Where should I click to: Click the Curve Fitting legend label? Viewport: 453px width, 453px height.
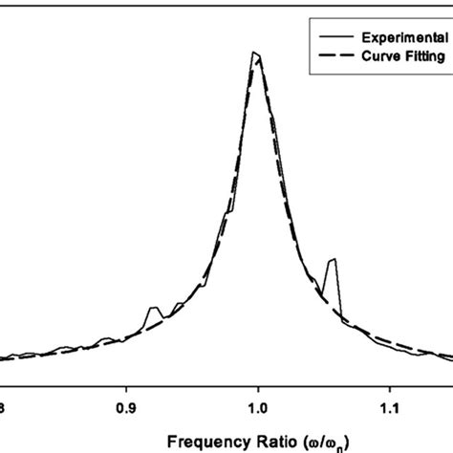pyautogui.click(x=400, y=56)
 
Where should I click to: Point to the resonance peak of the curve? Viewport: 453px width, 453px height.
pyautogui.click(x=256, y=54)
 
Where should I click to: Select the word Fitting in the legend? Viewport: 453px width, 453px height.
pyautogui.click(x=421, y=56)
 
